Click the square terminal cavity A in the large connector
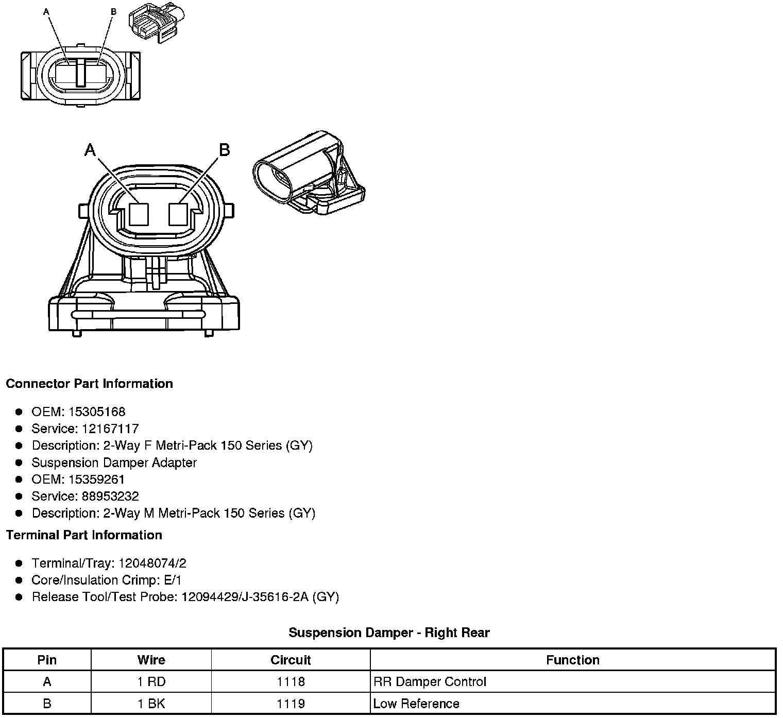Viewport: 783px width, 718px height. tap(139, 214)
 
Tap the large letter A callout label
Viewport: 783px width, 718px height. tap(90, 150)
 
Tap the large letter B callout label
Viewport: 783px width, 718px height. tap(224, 150)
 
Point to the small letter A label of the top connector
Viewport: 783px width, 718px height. tap(47, 11)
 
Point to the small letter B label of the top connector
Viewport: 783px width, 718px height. tap(113, 11)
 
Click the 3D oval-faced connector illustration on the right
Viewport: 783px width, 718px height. tap(308, 174)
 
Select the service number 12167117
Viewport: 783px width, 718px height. tap(110, 429)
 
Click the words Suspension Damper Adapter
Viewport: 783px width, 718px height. tap(114, 463)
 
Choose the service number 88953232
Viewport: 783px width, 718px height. tap(110, 497)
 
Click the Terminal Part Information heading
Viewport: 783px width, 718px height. tap(84, 535)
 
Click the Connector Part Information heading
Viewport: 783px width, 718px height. tap(89, 384)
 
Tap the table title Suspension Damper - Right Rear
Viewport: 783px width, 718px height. tap(389, 633)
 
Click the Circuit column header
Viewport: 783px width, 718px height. tap(291, 660)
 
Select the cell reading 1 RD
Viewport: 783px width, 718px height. tap(151, 682)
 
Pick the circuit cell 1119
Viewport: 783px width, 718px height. tap(291, 704)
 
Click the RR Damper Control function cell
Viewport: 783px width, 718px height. tap(430, 682)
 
